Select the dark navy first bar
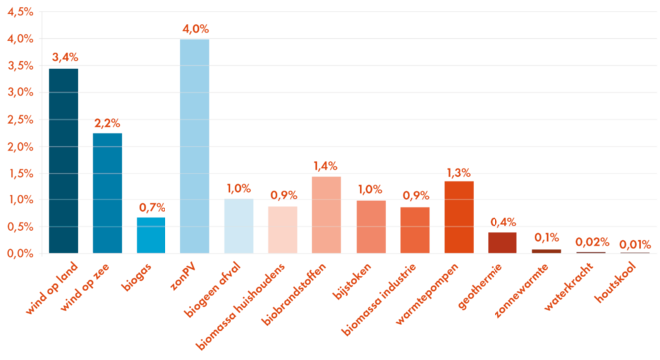(63, 160)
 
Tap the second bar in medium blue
(107, 191)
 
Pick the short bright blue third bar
(151, 235)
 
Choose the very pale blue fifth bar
(238, 225)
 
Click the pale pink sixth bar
(282, 229)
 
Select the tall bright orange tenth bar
(459, 215)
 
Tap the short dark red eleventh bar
(502, 241)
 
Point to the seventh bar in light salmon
(326, 213)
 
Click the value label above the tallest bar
(195, 30)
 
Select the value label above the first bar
(64, 57)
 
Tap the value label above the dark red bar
(502, 222)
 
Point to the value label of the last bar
(634, 244)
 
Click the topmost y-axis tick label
(20, 12)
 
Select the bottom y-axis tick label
(20, 253)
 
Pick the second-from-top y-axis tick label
(20, 39)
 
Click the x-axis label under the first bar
(52, 288)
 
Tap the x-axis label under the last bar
(615, 283)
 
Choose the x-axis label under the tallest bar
(182, 276)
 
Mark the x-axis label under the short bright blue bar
(137, 278)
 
